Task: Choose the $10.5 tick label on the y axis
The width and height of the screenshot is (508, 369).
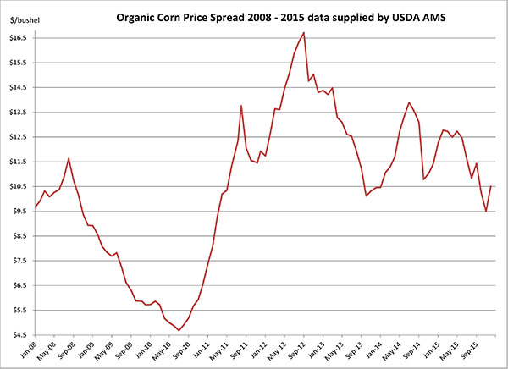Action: coord(16,186)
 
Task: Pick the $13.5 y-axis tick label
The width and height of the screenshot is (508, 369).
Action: coord(16,112)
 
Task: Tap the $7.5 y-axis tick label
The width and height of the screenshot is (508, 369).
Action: coord(16,261)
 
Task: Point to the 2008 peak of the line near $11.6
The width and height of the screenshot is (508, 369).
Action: coord(69,158)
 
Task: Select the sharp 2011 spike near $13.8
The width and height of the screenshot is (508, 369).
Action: coord(241,106)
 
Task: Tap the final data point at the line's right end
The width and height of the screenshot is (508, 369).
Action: coord(491,186)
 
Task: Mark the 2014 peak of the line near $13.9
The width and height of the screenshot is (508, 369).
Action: coord(410,102)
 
